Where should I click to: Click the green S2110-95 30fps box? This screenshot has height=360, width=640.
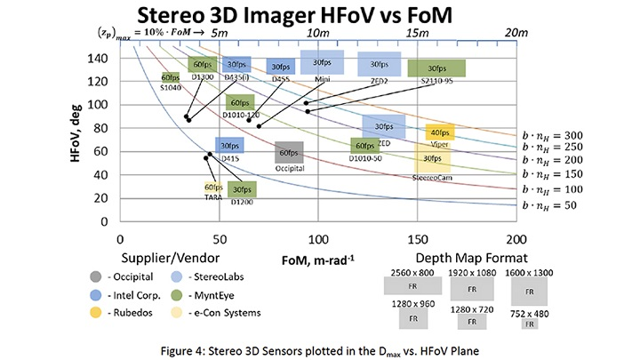click(x=436, y=68)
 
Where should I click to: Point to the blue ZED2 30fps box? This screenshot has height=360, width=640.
click(x=380, y=64)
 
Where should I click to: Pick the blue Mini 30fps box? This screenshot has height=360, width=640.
click(x=322, y=62)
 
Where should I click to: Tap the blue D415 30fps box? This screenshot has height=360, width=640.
click(x=229, y=147)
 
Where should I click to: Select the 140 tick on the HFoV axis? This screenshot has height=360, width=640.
click(x=100, y=59)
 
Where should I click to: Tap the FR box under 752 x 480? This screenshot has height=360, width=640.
click(x=529, y=324)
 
